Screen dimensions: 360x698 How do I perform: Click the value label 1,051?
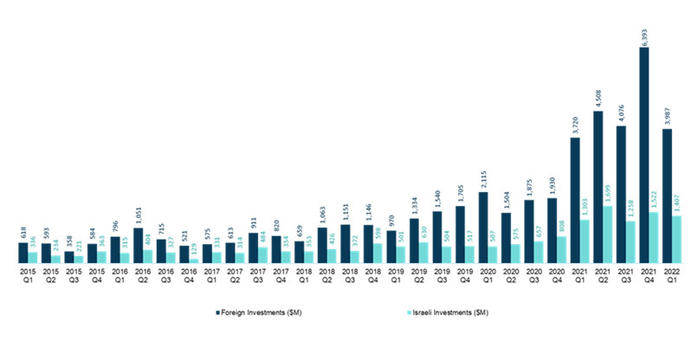pos(139,215)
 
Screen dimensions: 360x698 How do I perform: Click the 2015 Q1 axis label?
pos(24,275)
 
